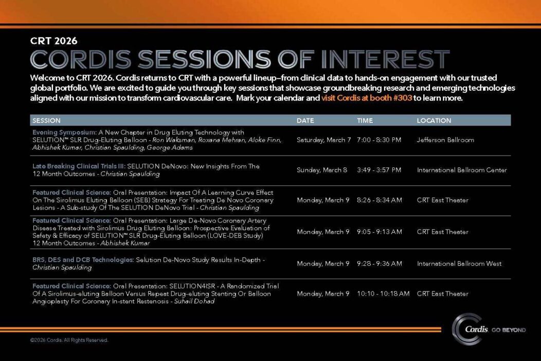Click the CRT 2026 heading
[x=54, y=41]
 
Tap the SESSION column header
[x=46, y=121]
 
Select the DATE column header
[x=305, y=121]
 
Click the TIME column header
[x=365, y=121]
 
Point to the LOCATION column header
[x=434, y=121]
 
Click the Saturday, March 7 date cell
[x=323, y=140]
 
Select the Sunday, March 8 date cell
[x=322, y=170]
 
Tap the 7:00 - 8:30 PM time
[x=379, y=140]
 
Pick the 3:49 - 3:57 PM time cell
[x=379, y=170]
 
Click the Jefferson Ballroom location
[x=445, y=140]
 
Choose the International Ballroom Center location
[x=462, y=170]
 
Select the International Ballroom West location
[x=459, y=264]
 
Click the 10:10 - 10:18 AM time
[x=383, y=294]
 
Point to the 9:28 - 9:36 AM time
[x=379, y=264]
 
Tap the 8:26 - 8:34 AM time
[x=379, y=200]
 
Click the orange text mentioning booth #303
[x=367, y=98]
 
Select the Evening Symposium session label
[x=64, y=132]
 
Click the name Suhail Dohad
[x=194, y=301]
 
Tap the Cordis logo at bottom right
[x=489, y=329]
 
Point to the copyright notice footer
[x=69, y=340]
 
